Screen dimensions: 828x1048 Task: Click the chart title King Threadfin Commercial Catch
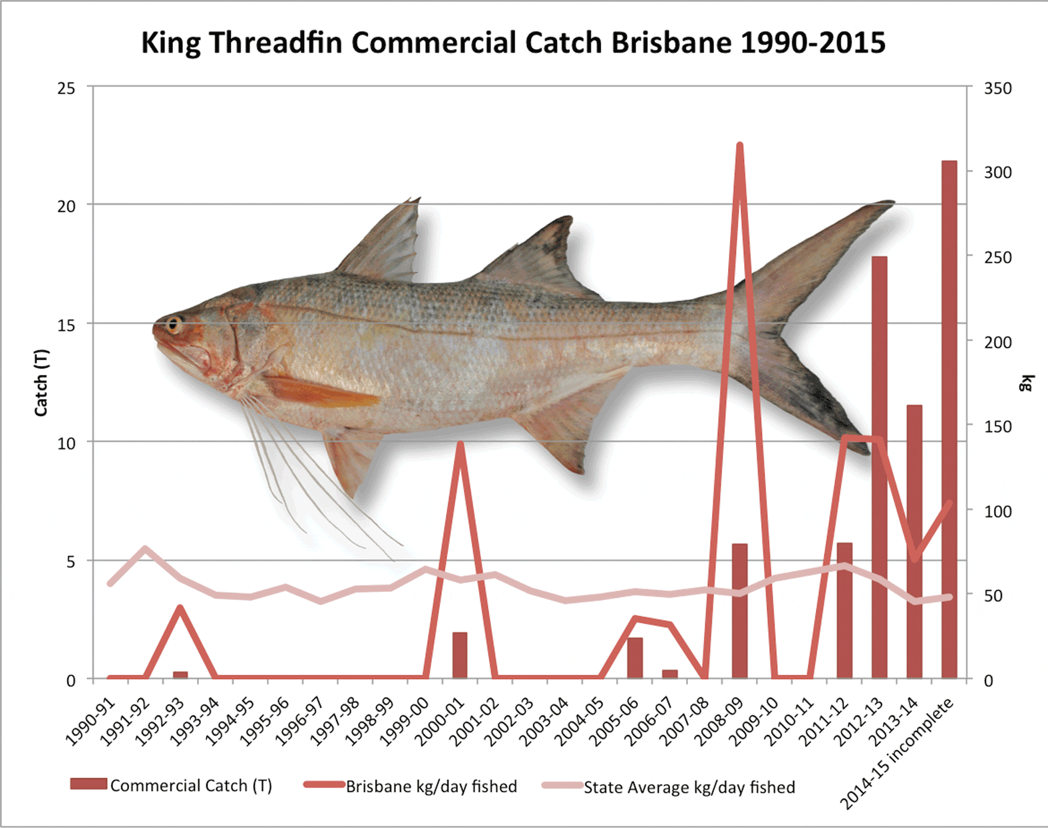[x=512, y=43]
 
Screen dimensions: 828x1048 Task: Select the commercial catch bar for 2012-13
[x=879, y=466]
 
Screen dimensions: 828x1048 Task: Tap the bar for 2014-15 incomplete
[x=949, y=419]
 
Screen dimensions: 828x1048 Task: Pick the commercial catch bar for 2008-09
[x=739, y=612]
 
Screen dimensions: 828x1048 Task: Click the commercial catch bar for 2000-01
[x=460, y=656]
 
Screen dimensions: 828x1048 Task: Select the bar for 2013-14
[x=914, y=542]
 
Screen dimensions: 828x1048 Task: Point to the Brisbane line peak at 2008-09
[x=739, y=145]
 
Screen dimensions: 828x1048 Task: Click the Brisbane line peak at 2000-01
[x=460, y=443]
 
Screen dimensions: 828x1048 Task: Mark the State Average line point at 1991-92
[x=145, y=549]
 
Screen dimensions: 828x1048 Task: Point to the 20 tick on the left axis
[x=66, y=206]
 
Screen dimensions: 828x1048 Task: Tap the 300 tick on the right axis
[x=997, y=172]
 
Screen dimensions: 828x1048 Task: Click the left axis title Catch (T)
[x=41, y=382]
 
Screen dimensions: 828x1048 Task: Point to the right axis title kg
[x=1027, y=383]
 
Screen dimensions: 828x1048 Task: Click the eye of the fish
[x=174, y=325]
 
